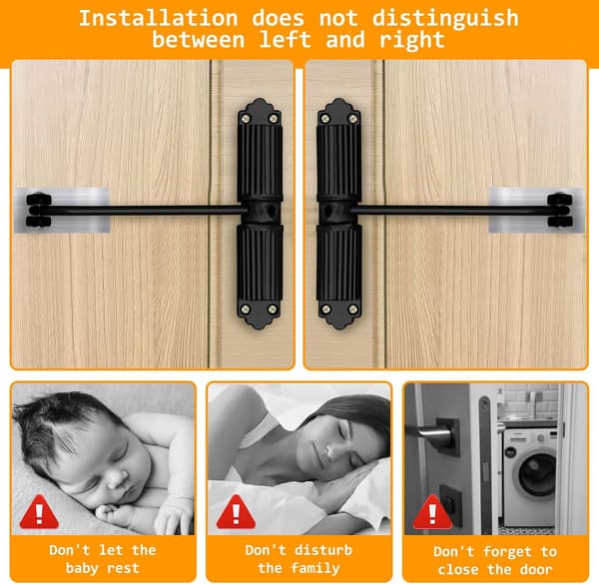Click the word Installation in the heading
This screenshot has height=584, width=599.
pos(158,18)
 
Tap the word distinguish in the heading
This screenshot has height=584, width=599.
pos(445,19)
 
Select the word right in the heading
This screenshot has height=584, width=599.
pos(412,41)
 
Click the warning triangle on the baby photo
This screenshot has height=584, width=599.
pos(39,512)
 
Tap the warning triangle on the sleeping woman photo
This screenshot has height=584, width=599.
pos(236,512)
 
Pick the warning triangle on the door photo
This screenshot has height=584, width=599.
pos(432,512)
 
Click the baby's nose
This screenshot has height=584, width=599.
pos(118,478)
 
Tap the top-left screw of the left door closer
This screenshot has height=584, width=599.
pos(246,119)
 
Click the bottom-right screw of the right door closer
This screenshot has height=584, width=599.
pos(353,308)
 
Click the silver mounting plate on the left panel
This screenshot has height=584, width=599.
pos(62,210)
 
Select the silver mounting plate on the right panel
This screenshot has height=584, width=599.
pos(536,210)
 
